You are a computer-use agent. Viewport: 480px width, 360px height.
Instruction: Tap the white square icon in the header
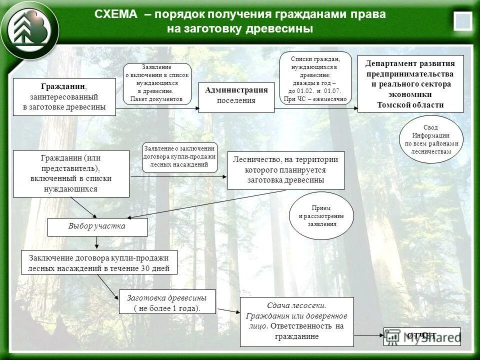click(x=462, y=21)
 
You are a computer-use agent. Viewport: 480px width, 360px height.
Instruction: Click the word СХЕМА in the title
click(x=115, y=14)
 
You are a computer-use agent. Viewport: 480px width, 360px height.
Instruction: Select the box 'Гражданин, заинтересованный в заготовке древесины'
click(x=64, y=97)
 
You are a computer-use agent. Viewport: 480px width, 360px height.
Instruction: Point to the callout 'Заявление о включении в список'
click(x=157, y=84)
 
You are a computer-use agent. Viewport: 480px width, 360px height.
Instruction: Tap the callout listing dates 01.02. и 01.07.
click(x=315, y=79)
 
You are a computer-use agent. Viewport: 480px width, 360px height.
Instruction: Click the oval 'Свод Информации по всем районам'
click(x=431, y=139)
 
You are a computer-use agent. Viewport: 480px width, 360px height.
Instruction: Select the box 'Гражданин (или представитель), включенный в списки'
click(x=70, y=173)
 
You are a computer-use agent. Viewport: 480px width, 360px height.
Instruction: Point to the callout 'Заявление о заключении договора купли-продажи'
click(x=180, y=157)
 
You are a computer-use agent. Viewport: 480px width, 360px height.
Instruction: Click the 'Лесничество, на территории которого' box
click(x=285, y=170)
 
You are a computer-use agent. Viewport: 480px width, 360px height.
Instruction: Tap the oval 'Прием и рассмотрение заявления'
click(x=321, y=215)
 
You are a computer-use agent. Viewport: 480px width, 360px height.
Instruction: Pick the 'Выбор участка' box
click(x=97, y=226)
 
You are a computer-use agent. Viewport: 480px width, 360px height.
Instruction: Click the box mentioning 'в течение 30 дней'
click(x=99, y=263)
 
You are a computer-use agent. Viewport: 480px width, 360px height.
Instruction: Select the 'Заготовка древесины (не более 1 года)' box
click(x=167, y=302)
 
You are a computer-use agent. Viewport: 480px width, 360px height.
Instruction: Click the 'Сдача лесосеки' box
click(x=296, y=321)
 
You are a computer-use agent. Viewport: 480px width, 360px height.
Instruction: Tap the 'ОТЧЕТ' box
click(x=422, y=336)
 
